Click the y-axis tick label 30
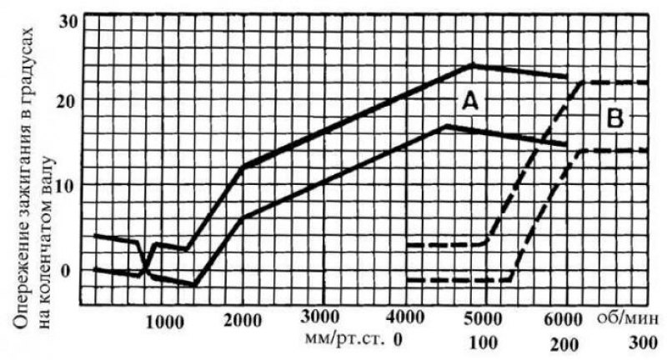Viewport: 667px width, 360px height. (68, 22)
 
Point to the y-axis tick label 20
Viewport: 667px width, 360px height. (69, 102)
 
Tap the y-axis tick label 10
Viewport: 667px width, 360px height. (69, 186)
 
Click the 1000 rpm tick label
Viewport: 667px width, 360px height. (164, 322)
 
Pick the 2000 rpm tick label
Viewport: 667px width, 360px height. (243, 321)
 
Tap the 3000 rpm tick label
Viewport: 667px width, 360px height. (320, 317)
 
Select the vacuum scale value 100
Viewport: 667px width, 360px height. (484, 342)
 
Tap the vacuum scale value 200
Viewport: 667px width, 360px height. (564, 344)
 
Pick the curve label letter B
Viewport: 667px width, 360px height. (615, 119)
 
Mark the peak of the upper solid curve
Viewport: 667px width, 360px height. (472, 65)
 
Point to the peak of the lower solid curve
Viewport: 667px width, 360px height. (445, 126)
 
